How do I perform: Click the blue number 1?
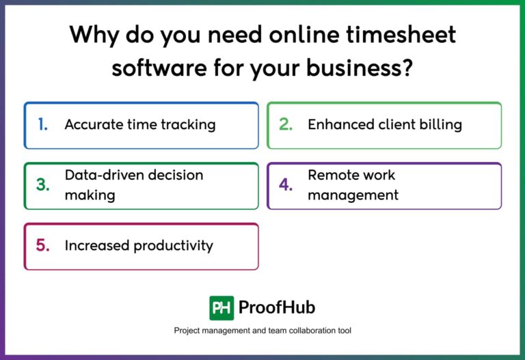tap(42, 124)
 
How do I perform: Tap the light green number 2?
tap(286, 124)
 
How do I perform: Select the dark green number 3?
tap(42, 185)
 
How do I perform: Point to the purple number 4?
tap(286, 185)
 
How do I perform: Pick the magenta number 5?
tap(42, 245)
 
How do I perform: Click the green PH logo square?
tap(221, 307)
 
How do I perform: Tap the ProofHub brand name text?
tap(277, 307)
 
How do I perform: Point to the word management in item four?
tap(353, 195)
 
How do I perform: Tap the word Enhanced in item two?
tap(338, 124)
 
